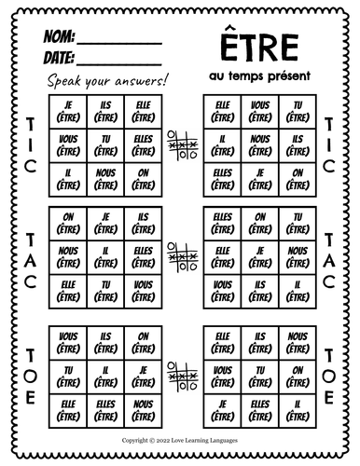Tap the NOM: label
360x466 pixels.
pyautogui.click(x=56, y=39)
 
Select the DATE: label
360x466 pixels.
pyautogui.click(x=57, y=60)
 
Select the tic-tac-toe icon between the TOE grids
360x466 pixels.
pyautogui.click(x=179, y=374)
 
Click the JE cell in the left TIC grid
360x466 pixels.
pyautogui.click(x=65, y=108)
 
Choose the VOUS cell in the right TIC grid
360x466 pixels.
pyautogui.click(x=257, y=108)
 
